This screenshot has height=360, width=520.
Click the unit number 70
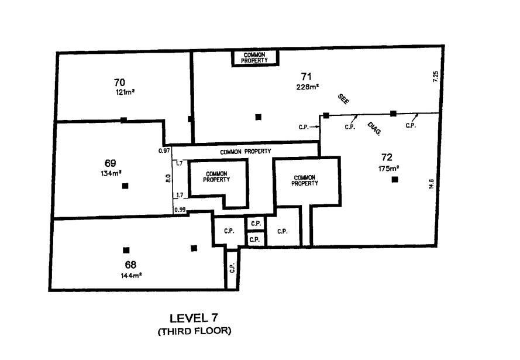120,82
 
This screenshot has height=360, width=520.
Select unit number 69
111,163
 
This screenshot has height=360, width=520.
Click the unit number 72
386,157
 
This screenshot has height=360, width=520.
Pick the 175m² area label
388,169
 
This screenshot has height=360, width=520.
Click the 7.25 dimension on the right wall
435,78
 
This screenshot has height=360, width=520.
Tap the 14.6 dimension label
431,184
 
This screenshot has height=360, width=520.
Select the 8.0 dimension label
168,177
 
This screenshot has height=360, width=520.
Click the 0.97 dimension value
164,151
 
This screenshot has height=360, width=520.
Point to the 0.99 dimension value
179,210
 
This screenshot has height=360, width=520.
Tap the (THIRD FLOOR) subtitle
194,331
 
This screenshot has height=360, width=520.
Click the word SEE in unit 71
343,99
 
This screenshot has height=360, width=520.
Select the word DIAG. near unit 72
374,129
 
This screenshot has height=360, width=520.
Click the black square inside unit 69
125,186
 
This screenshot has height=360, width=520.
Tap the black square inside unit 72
395,179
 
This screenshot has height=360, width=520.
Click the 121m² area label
125,92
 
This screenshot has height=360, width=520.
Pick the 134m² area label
111,173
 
